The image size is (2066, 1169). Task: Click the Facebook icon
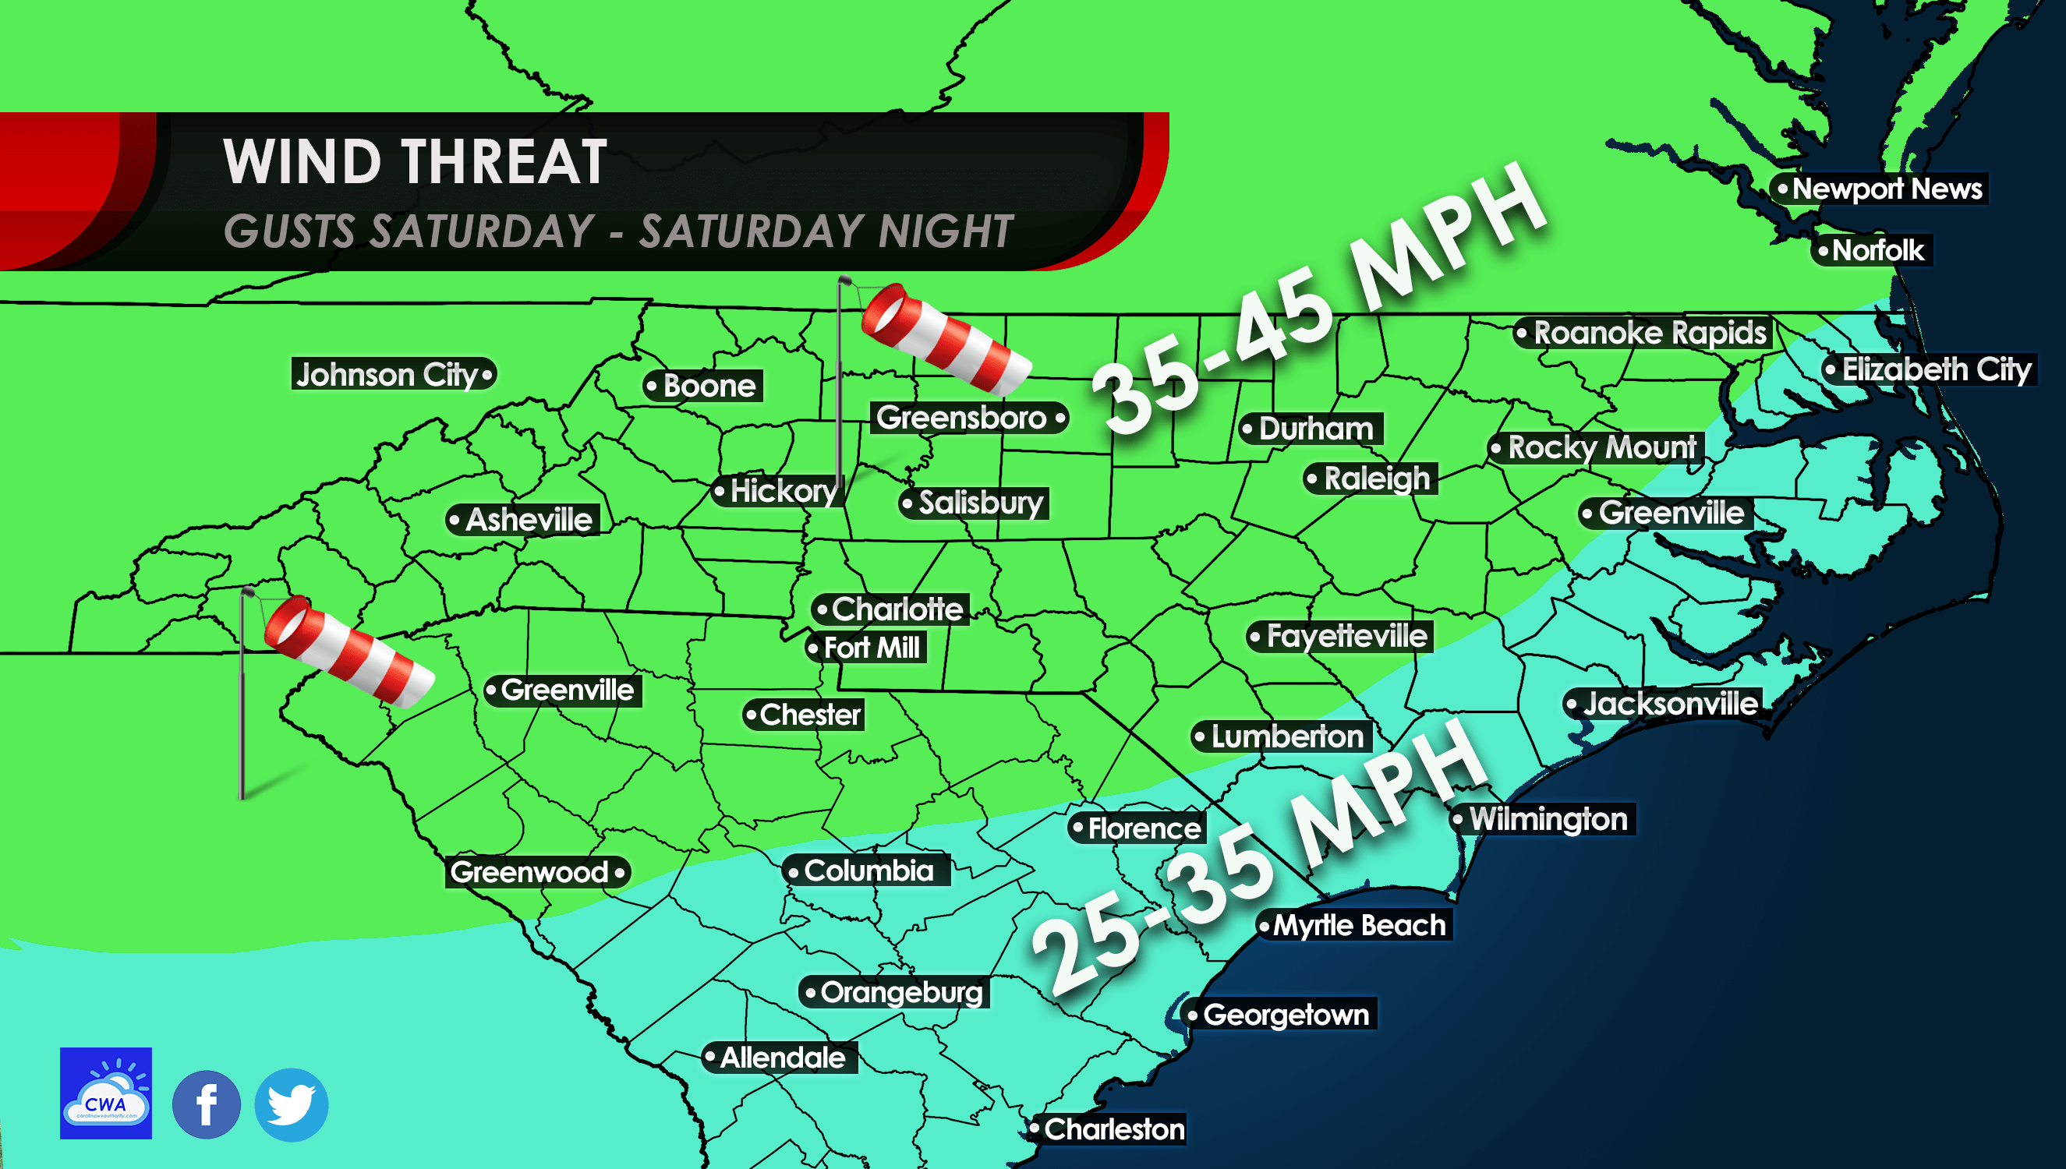(207, 1105)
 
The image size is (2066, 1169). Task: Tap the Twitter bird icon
(292, 1105)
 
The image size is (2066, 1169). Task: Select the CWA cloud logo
(106, 1093)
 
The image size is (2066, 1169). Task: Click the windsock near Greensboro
(944, 339)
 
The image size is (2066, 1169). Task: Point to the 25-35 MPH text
(1261, 859)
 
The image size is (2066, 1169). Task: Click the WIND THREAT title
(415, 162)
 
